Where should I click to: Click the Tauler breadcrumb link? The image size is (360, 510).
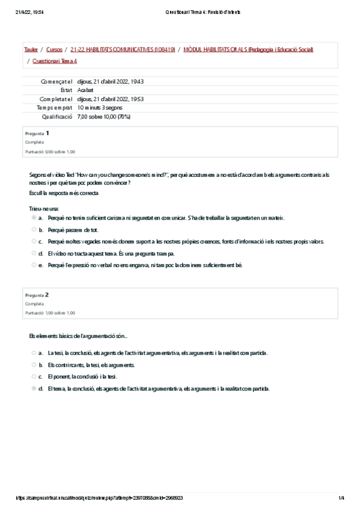click(x=31, y=49)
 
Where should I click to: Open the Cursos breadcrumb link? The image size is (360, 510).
click(x=54, y=49)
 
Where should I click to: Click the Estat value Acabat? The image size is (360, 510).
click(x=85, y=90)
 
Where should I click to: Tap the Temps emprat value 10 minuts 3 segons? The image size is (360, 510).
click(x=100, y=108)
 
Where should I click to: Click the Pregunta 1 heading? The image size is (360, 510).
click(x=37, y=133)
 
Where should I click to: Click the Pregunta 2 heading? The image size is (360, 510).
click(x=37, y=295)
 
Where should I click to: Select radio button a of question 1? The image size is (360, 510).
click(x=34, y=218)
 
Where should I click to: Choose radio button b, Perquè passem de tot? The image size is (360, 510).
click(x=34, y=230)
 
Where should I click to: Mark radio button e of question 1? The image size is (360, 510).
click(x=34, y=265)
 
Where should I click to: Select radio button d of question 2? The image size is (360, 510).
click(x=34, y=389)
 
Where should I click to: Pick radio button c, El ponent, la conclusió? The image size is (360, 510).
click(x=34, y=376)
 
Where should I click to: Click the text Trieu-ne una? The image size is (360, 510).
click(x=40, y=208)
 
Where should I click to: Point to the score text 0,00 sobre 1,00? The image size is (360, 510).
click(x=50, y=152)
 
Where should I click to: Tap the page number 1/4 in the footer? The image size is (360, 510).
click(x=341, y=498)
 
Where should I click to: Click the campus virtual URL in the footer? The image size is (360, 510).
click(x=99, y=498)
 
